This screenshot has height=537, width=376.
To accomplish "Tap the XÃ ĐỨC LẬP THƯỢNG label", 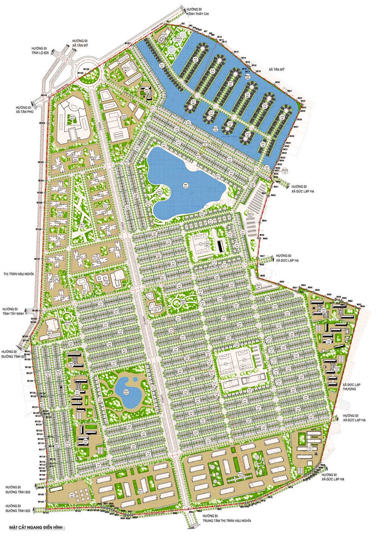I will click(x=352, y=386).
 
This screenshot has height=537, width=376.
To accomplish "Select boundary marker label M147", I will click(x=37, y=259).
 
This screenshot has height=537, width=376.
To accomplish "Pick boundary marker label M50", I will click(x=282, y=282).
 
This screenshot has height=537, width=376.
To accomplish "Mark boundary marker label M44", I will click(x=264, y=221).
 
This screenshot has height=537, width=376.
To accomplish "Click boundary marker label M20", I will click(x=277, y=82).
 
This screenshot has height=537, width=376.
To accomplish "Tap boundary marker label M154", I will click(x=44, y=95).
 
